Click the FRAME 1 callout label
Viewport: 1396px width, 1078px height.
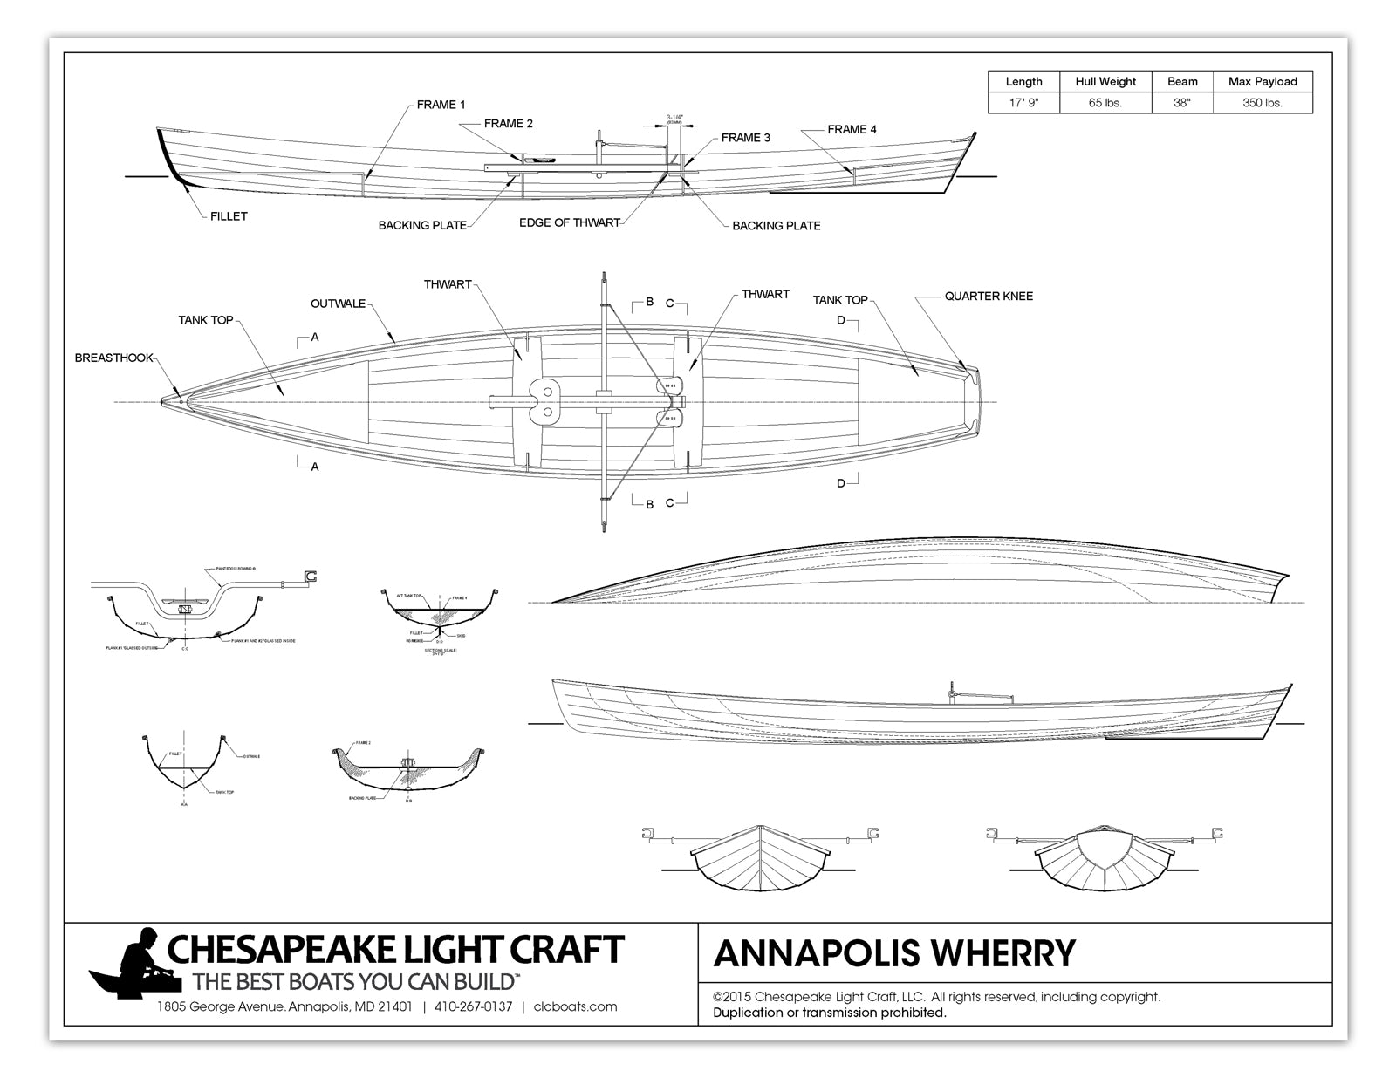click(x=441, y=105)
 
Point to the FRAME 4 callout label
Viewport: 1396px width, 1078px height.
click(x=852, y=129)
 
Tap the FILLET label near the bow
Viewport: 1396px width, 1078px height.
click(x=229, y=216)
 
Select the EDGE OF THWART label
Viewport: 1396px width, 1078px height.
click(x=569, y=222)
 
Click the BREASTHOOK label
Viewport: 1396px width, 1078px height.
click(x=113, y=358)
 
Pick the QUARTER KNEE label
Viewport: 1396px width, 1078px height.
click(x=988, y=297)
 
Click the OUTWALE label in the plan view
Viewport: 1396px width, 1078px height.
click(x=338, y=304)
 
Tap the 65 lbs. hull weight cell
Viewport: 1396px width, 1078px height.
click(x=1105, y=103)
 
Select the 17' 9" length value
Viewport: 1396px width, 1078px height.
click(x=1023, y=103)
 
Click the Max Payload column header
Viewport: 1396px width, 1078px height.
click(x=1262, y=81)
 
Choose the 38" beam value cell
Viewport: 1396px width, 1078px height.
click(x=1182, y=103)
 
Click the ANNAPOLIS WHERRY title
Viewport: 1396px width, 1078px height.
click(x=894, y=953)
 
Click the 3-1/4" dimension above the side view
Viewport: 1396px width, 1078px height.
click(x=674, y=119)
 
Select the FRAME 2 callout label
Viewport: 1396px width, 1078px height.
click(x=508, y=124)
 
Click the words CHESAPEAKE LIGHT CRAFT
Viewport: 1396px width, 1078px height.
click(x=395, y=948)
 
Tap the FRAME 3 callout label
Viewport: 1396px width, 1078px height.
click(x=745, y=138)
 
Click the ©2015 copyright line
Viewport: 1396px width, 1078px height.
click(x=935, y=996)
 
